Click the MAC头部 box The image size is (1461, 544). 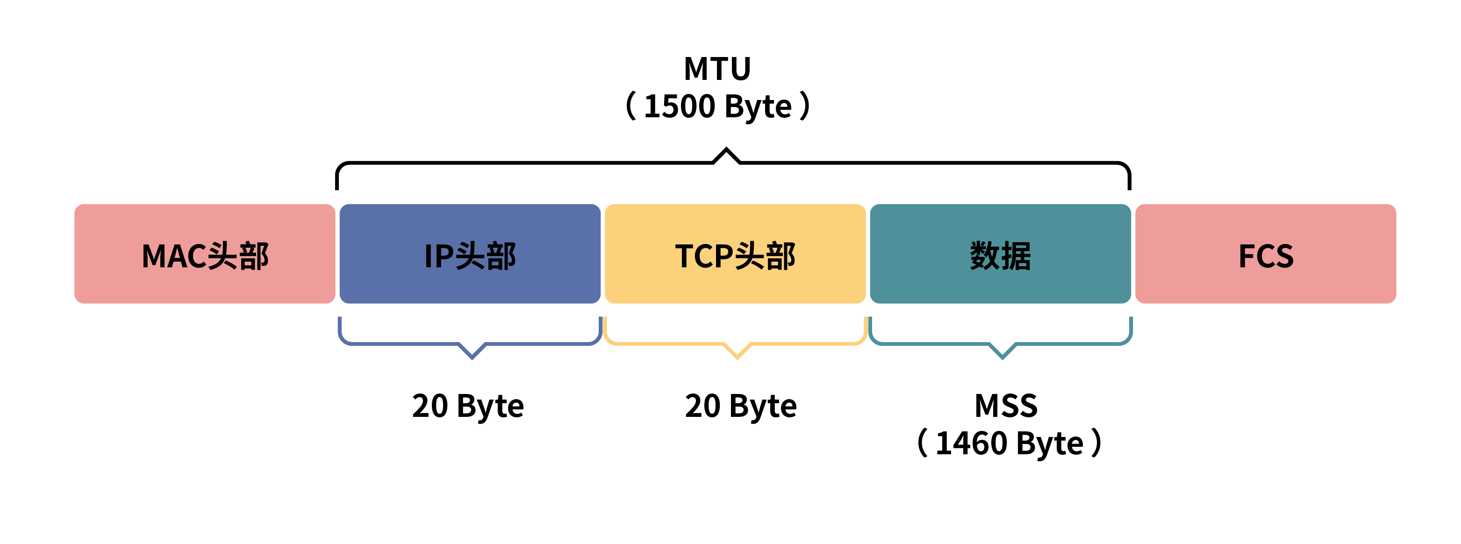pos(204,254)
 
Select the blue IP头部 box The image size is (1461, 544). pos(470,254)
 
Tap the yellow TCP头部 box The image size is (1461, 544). pos(735,254)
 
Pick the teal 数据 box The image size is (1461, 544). pos(1001,254)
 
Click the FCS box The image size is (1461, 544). pos(1265,254)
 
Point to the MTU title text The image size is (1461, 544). pos(717,69)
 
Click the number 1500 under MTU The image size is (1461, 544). pos(680,107)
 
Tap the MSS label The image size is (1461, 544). pos(1006,406)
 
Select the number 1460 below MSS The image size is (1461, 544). pos(971,443)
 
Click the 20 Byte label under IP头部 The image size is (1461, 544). pos(468,406)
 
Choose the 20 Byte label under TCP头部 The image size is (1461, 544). pos(741,406)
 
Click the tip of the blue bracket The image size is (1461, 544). pos(472,358)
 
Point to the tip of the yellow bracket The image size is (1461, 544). pos(737,358)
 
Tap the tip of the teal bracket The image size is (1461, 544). pos(1002,358)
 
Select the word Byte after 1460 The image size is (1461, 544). pos(1050,444)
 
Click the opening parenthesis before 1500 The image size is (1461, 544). pos(630,106)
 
